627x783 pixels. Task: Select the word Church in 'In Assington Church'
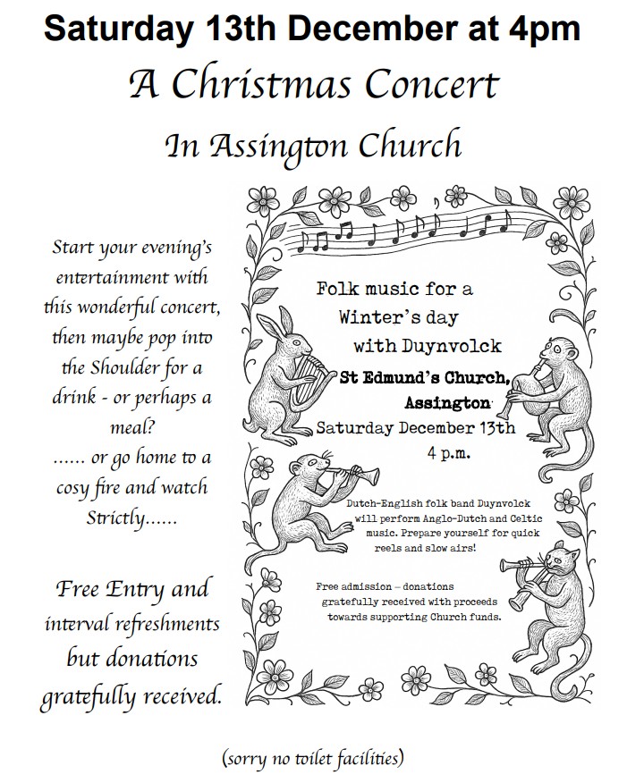coord(414,145)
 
